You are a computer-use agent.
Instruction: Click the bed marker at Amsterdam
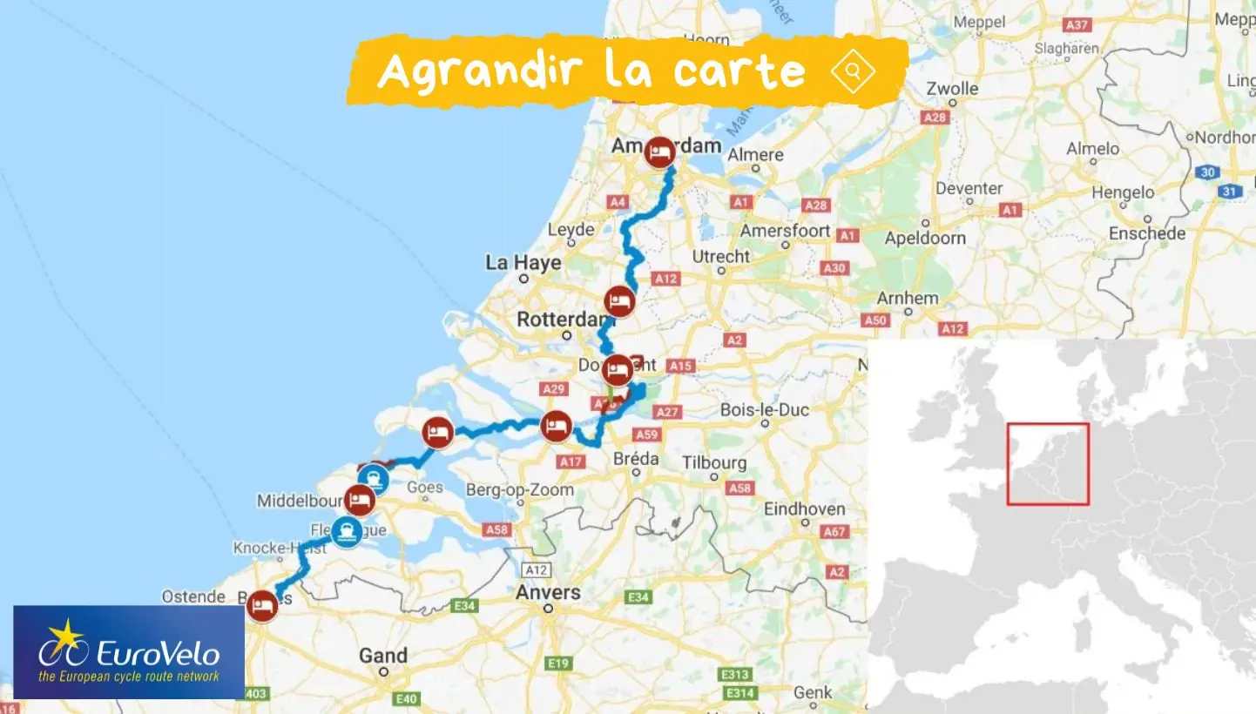661,152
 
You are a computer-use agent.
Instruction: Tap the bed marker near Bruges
260,606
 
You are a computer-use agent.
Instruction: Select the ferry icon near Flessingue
348,530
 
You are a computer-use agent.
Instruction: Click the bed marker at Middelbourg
359,500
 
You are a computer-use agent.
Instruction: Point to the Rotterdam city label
561,320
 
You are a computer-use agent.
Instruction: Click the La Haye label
523,262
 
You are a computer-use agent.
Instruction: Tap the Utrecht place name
720,256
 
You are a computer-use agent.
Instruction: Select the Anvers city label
548,592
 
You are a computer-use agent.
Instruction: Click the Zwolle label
952,88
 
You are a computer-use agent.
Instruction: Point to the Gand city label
383,656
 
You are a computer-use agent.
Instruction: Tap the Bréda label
636,458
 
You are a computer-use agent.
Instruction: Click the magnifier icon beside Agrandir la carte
853,71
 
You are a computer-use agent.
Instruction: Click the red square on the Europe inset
1048,464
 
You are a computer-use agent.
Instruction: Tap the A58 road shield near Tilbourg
739,488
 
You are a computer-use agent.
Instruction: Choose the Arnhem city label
908,298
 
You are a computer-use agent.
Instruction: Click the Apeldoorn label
925,237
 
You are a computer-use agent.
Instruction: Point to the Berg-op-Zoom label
520,489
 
